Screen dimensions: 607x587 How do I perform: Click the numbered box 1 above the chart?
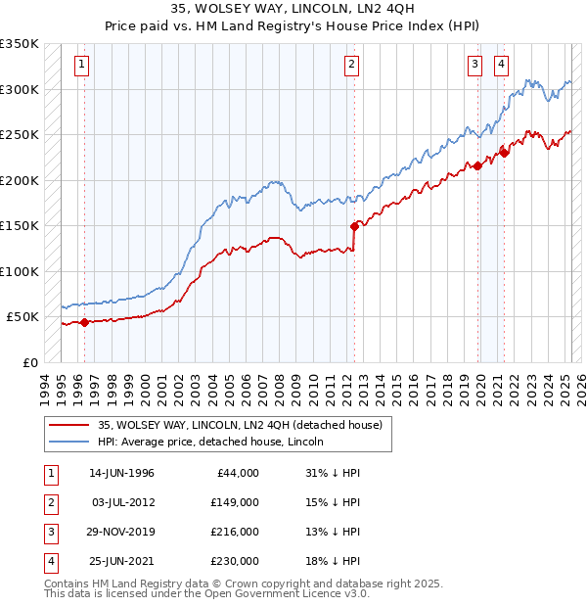pos(80,66)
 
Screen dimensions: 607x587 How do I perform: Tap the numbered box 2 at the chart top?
pos(350,66)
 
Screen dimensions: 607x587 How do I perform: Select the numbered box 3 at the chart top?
pos(474,66)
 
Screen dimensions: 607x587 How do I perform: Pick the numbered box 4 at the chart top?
pos(501,66)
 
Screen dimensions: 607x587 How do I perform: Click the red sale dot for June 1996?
pos(84,322)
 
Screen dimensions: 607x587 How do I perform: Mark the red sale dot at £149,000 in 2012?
pos(354,226)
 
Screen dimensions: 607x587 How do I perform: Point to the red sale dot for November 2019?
pos(478,165)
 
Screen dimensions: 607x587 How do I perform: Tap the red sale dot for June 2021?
pos(505,152)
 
